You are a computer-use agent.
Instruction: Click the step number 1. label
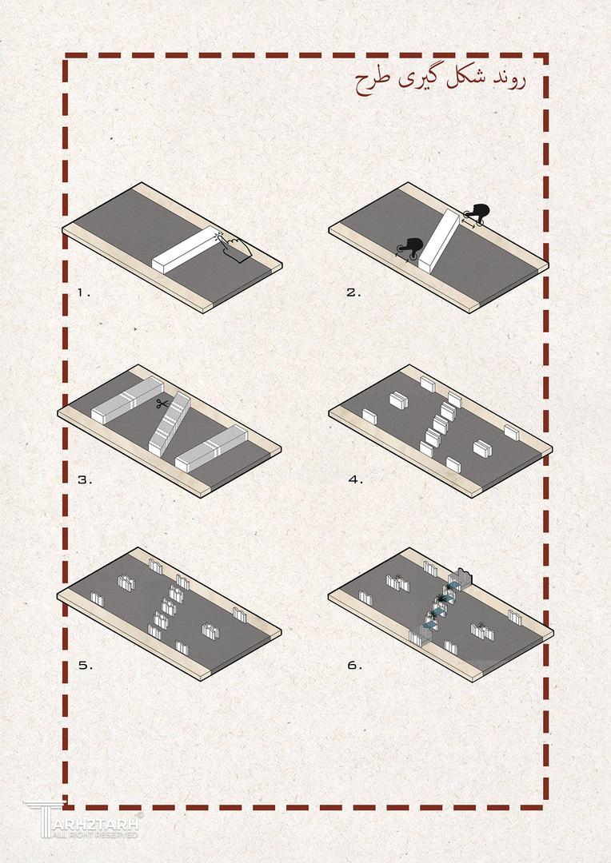[x=84, y=292]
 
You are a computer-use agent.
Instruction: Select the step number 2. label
[x=354, y=292]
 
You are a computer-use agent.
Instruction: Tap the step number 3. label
[x=85, y=480]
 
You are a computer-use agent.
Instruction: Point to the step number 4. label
[x=356, y=480]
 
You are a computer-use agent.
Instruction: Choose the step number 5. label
[x=86, y=666]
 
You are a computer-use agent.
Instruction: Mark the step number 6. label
[x=355, y=666]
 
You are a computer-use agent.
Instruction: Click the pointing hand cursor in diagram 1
[x=236, y=245]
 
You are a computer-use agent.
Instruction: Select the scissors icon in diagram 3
[x=162, y=404]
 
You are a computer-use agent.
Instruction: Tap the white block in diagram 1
[x=187, y=250]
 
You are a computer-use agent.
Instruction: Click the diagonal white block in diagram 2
[x=439, y=241]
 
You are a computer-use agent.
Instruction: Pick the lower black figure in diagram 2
[x=409, y=249]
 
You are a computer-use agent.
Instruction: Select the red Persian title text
[x=440, y=82]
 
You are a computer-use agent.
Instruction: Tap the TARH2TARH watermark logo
[x=82, y=820]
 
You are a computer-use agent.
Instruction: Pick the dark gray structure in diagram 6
[x=461, y=579]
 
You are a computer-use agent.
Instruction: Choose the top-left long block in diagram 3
[x=127, y=400]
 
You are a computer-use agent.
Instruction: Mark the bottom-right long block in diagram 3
[x=211, y=448]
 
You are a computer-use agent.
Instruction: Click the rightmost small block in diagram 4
[x=512, y=432]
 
